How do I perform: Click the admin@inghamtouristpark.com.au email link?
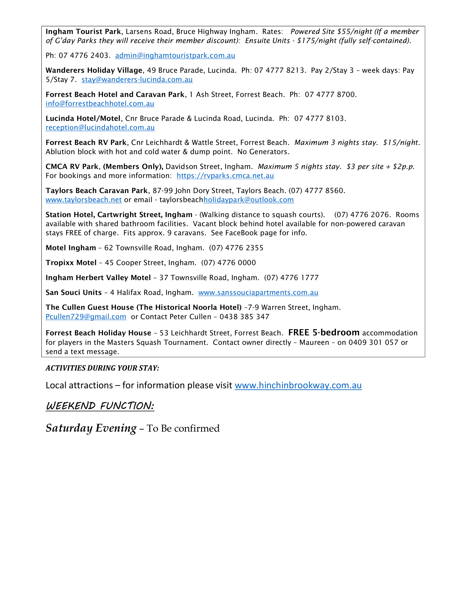175,56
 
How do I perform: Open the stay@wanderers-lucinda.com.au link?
137,80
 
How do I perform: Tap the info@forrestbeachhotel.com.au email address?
100,104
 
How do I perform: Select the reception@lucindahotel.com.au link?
100,128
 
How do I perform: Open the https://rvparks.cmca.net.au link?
225,176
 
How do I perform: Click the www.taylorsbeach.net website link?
84,200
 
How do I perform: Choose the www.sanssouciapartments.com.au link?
258,293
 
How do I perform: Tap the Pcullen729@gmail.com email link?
86,317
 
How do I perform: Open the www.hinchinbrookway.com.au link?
298,386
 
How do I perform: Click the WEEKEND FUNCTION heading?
100,406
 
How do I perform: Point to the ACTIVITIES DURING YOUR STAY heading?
102,368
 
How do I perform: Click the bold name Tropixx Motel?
71,263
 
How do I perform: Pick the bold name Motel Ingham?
71,248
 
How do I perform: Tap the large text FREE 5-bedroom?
324,333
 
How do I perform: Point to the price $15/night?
400,143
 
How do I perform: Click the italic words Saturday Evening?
91,428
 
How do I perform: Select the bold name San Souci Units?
74,293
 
